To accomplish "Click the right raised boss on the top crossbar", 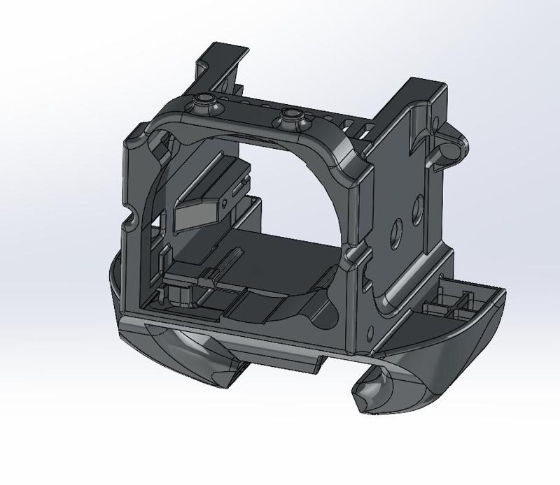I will [x=292, y=115].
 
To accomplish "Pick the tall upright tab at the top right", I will [x=420, y=98].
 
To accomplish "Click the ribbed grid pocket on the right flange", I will [x=448, y=304].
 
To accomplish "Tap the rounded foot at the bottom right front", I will [x=381, y=391].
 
